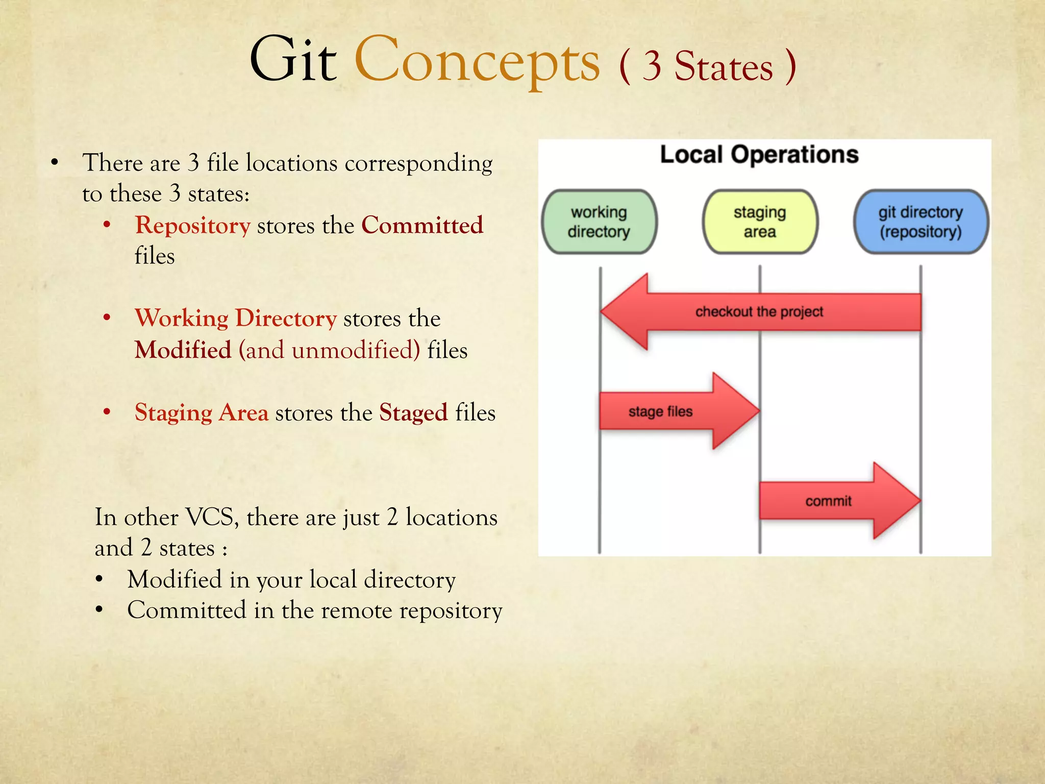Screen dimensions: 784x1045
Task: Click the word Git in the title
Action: tap(293, 60)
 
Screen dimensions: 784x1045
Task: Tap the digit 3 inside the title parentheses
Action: tap(652, 66)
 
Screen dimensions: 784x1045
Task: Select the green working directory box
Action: tap(599, 222)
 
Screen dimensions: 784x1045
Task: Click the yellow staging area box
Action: tap(760, 222)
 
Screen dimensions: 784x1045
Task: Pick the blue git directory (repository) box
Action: tap(920, 222)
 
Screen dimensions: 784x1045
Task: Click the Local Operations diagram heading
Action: tap(759, 155)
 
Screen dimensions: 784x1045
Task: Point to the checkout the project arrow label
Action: tap(759, 312)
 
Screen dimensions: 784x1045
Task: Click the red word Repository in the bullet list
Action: tap(193, 226)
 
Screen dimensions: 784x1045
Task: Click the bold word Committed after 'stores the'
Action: tap(422, 226)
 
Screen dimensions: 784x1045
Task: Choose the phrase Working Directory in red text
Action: tap(236, 318)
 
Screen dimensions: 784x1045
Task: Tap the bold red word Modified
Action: tap(183, 351)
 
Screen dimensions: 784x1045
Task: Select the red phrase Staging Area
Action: tap(202, 413)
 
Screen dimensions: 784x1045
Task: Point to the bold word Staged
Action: tap(413, 413)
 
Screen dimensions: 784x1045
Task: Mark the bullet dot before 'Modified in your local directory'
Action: tap(99, 580)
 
